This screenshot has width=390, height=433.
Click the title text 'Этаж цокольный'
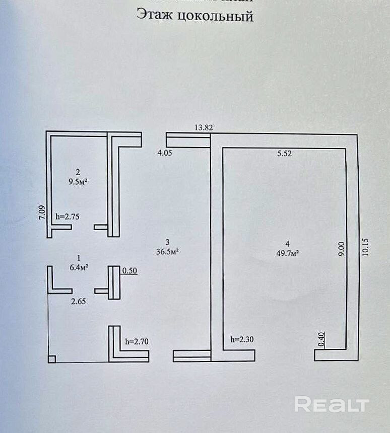(194, 17)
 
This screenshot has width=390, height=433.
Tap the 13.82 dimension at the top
(204, 128)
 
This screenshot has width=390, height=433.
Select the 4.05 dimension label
(165, 153)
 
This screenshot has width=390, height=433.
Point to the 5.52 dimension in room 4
(285, 154)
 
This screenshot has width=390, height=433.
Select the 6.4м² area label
(79, 267)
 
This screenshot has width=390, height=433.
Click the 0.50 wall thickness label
(130, 271)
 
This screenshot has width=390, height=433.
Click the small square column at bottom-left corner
(52, 359)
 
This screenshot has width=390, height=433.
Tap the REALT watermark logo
(332, 404)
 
